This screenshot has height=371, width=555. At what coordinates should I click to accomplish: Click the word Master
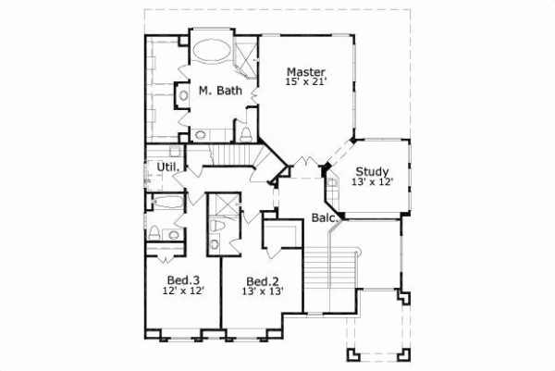tap(304, 71)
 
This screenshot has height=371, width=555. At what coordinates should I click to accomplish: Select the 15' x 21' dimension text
tap(305, 83)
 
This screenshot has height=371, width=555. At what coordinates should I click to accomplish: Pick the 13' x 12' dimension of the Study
tap(373, 182)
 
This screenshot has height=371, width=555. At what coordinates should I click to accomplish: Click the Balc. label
tap(323, 218)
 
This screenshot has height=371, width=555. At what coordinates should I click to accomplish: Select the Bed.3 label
tap(182, 279)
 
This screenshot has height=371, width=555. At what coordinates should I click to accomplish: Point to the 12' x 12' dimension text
tap(182, 291)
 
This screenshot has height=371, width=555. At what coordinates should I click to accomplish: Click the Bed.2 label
tap(262, 280)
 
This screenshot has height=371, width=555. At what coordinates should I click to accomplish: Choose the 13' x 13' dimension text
tap(262, 291)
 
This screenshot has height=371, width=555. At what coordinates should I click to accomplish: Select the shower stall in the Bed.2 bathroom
tap(223, 204)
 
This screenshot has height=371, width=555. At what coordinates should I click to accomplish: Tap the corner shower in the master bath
tap(247, 57)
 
